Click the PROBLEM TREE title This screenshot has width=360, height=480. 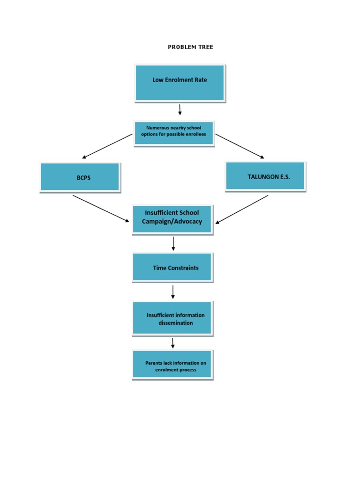coord(190,47)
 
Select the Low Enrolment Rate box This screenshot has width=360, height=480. coord(180,82)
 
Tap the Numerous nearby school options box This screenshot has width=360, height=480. coord(173,133)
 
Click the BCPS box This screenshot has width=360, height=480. coord(80,177)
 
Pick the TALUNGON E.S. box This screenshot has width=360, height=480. coord(265,176)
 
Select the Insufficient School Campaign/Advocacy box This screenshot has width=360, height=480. coord(172,219)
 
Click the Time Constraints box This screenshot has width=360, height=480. coord(172,267)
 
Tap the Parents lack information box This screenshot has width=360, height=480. coord(172,364)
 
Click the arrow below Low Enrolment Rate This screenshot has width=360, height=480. coord(180,110)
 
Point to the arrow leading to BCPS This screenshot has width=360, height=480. coord(107,146)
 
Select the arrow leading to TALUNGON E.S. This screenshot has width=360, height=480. coord(240,146)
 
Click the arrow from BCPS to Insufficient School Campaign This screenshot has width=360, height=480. coord(101,209)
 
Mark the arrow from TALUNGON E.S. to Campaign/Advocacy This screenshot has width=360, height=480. coord(242,209)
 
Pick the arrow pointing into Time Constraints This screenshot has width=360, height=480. coord(173,243)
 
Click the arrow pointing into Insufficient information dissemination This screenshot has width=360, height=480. coord(173,292)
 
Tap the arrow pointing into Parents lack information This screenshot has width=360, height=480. coord(173,343)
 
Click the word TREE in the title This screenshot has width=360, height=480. coord(205,47)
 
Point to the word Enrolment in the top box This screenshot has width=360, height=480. coord(180,80)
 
